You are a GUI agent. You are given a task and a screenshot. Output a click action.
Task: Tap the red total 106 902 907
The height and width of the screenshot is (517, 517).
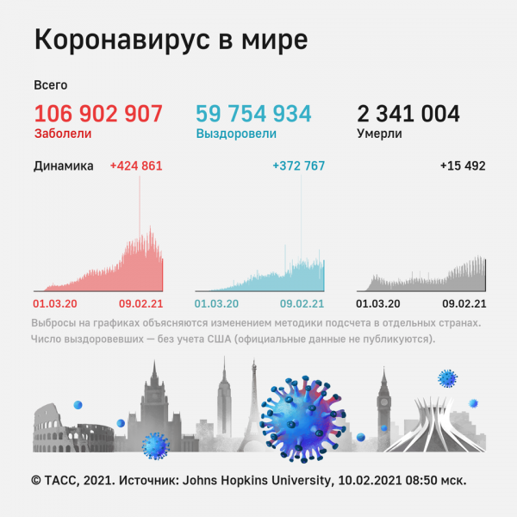(98, 114)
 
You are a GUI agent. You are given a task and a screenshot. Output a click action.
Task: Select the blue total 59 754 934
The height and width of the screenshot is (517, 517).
(253, 114)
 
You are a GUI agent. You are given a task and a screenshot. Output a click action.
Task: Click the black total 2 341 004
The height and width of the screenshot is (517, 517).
(408, 114)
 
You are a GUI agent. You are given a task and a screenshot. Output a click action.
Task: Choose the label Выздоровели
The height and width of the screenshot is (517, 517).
(236, 134)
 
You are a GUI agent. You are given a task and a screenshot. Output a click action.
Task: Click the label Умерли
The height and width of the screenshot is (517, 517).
(379, 134)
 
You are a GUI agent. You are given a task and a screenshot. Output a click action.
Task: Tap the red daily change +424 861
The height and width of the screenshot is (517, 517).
(136, 166)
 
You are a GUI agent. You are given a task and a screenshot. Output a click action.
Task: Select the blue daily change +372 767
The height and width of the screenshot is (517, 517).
(298, 166)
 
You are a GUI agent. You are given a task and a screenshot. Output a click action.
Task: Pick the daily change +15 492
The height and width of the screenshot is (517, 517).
(463, 166)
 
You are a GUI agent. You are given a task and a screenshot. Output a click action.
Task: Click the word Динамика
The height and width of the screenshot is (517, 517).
(64, 166)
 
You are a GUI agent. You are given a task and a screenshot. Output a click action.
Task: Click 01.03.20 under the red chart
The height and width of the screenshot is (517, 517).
(55, 303)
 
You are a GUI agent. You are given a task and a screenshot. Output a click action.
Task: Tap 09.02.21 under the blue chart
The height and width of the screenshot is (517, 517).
(302, 303)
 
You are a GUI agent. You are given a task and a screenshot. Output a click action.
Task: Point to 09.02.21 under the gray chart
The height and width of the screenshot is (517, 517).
(464, 303)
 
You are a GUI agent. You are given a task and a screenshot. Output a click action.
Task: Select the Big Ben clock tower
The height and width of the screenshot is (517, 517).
(383, 405)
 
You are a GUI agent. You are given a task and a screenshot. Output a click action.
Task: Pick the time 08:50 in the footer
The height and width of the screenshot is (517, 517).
(419, 480)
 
